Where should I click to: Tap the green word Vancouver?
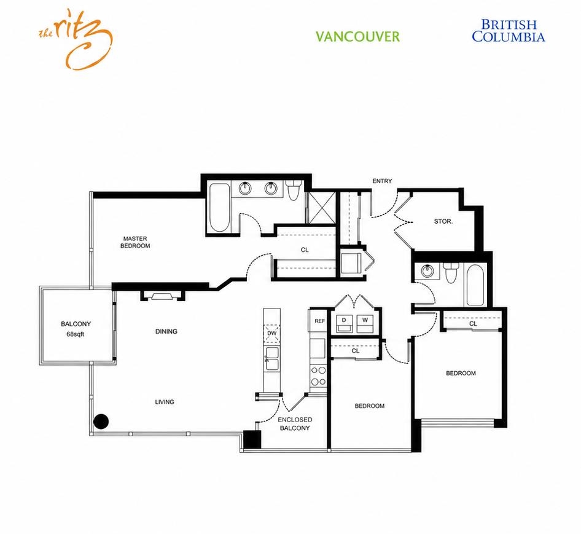(x=357, y=37)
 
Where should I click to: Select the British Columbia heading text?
(x=508, y=31)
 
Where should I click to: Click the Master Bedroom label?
(x=135, y=242)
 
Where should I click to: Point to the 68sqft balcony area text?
(x=75, y=334)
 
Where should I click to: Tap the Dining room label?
(x=166, y=332)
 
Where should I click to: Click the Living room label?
(x=165, y=402)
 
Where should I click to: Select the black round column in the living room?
(x=101, y=422)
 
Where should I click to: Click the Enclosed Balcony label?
(x=295, y=424)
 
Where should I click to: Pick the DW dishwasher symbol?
(x=271, y=333)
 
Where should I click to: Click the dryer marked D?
(x=344, y=323)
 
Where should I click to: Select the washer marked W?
(x=365, y=323)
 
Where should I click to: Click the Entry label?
(x=382, y=181)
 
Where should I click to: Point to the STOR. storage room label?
(x=443, y=221)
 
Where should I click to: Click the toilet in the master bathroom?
(x=294, y=190)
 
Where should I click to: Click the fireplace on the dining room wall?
(x=162, y=296)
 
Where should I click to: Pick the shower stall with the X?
(x=322, y=208)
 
